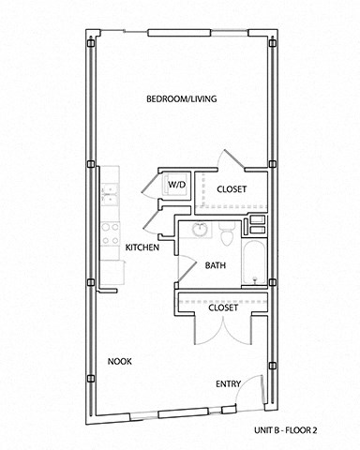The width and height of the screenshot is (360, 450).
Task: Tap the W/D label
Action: click(176, 186)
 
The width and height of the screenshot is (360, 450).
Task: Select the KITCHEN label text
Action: click(142, 247)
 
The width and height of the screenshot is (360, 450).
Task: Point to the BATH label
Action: click(216, 265)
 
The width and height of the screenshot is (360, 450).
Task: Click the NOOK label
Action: click(119, 361)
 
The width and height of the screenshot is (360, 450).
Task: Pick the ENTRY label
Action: click(229, 383)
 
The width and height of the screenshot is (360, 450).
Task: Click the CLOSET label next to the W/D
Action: click(232, 189)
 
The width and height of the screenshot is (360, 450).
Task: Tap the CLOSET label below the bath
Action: click(222, 307)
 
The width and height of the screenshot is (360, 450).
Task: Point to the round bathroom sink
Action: click(200, 230)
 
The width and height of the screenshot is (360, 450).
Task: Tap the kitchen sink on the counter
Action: click(110, 192)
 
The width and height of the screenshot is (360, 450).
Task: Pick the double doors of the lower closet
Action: click(222, 333)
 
